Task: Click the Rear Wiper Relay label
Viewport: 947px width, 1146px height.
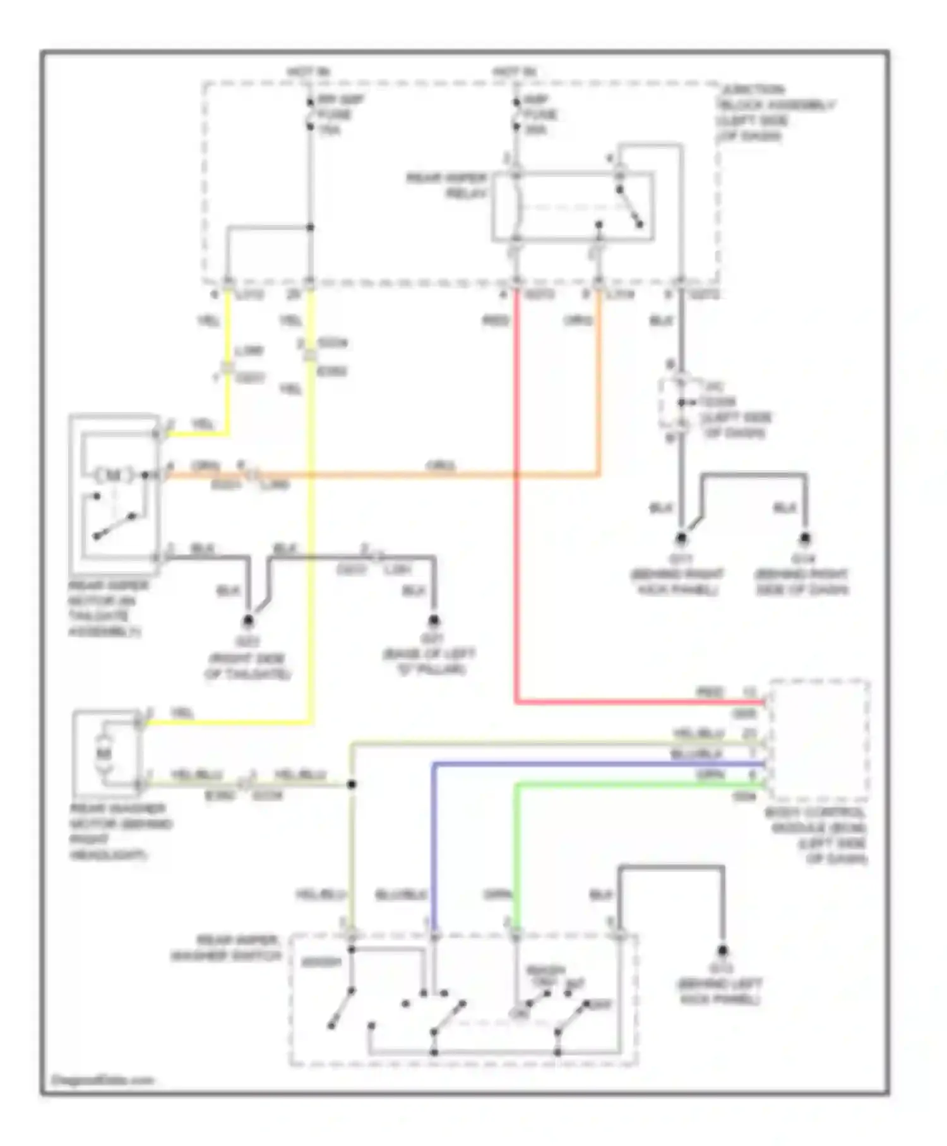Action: coord(446,186)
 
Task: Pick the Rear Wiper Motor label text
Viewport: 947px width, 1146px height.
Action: coord(107,608)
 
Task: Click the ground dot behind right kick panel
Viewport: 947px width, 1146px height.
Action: coord(681,539)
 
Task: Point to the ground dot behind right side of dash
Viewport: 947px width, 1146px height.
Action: coord(805,539)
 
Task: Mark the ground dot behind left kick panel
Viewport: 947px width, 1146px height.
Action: coord(723,950)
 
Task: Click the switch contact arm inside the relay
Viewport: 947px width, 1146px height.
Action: coord(629,207)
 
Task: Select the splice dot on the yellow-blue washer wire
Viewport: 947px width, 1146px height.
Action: coord(352,784)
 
